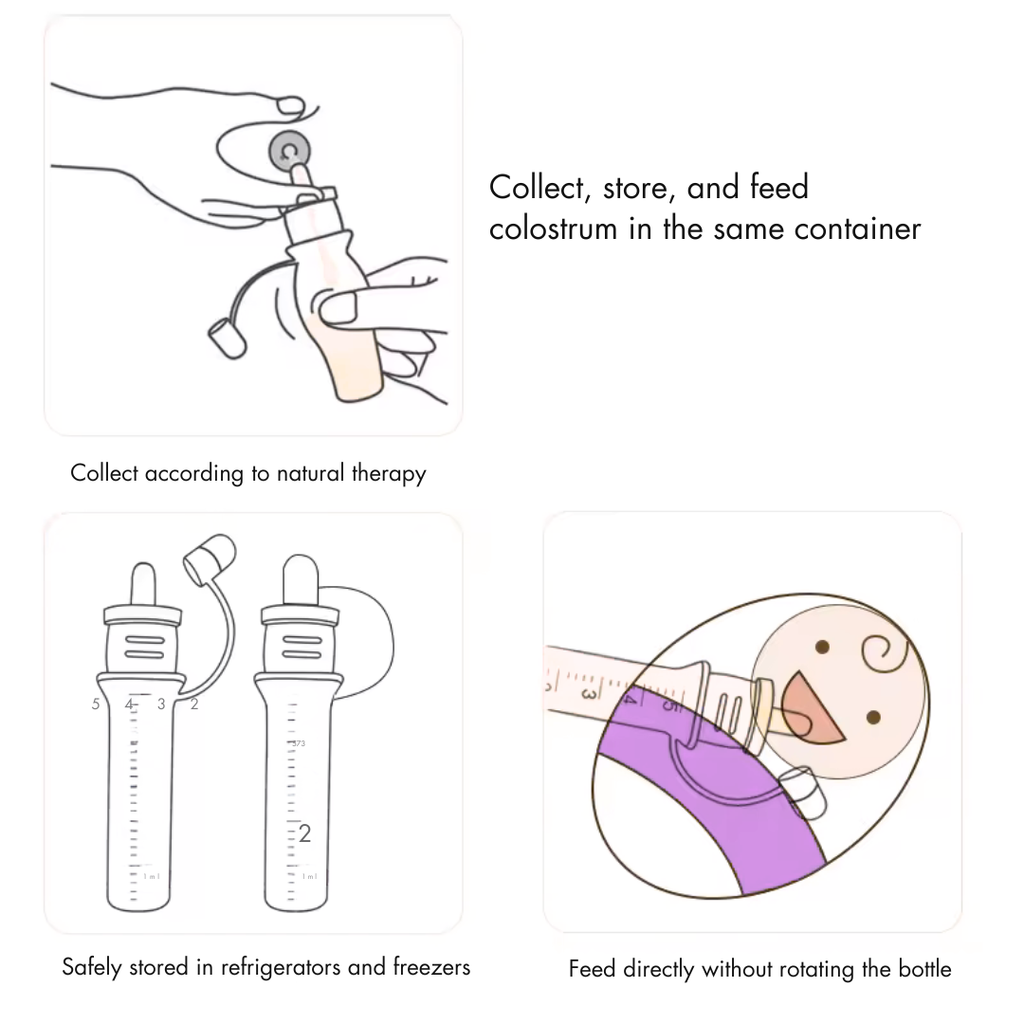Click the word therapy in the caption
pos(388,473)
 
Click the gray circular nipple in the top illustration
pos(290,152)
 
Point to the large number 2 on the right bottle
pos(305,833)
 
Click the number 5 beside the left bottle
pos(96,704)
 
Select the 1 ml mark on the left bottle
pos(150,876)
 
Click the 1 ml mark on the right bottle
pos(309,876)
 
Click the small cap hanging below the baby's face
pos(807,795)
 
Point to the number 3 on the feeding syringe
pos(590,692)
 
